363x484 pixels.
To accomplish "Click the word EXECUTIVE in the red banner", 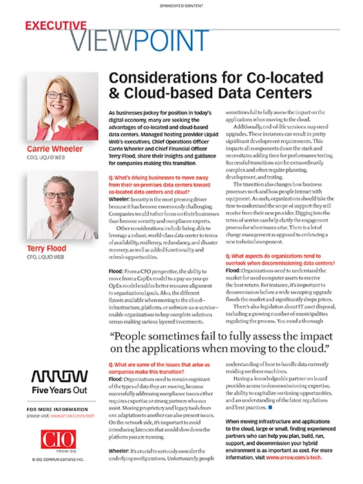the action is coord(56,25).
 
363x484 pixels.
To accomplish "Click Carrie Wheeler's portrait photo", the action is coord(52,107).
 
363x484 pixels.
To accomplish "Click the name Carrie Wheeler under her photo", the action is coord(55,149).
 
